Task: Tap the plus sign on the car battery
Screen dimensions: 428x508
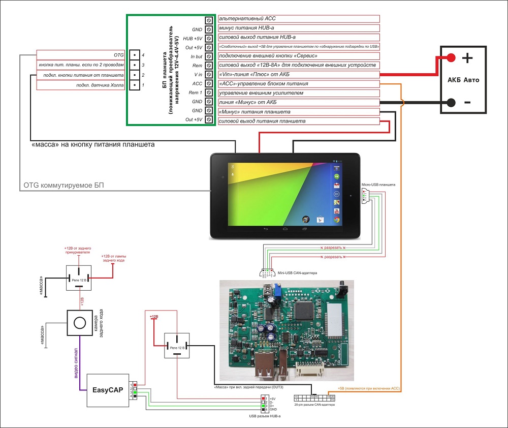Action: (x=467, y=58)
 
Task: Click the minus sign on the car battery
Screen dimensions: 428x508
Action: (x=467, y=102)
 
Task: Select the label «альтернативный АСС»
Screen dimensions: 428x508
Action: (x=299, y=19)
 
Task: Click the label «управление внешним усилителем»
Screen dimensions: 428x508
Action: (x=299, y=93)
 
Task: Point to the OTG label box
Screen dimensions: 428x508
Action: (x=81, y=55)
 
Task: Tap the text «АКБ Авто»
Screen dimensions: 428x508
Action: (x=463, y=80)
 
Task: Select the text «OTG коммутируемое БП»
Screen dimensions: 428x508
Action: (x=64, y=186)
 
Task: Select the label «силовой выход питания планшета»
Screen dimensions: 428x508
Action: (x=299, y=121)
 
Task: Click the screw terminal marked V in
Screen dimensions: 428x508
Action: (x=209, y=74)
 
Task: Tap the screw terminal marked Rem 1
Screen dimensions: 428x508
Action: (x=209, y=93)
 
